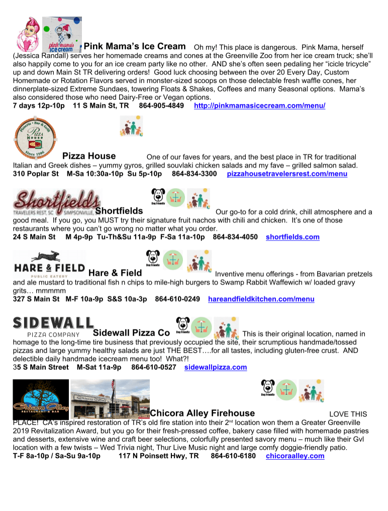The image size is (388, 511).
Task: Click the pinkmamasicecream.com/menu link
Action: point(259,106)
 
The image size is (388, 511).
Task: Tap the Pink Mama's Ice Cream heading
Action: point(134,46)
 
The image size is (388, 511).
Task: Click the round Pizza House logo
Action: point(34,137)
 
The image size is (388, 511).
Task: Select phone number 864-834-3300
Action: point(195,174)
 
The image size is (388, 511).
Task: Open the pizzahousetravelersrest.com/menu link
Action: point(287,174)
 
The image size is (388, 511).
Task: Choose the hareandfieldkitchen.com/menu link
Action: point(261,299)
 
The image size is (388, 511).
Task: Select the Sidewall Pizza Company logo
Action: point(53,326)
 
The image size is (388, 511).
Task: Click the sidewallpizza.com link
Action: point(216,367)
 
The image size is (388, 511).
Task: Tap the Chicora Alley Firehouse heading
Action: point(202,413)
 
